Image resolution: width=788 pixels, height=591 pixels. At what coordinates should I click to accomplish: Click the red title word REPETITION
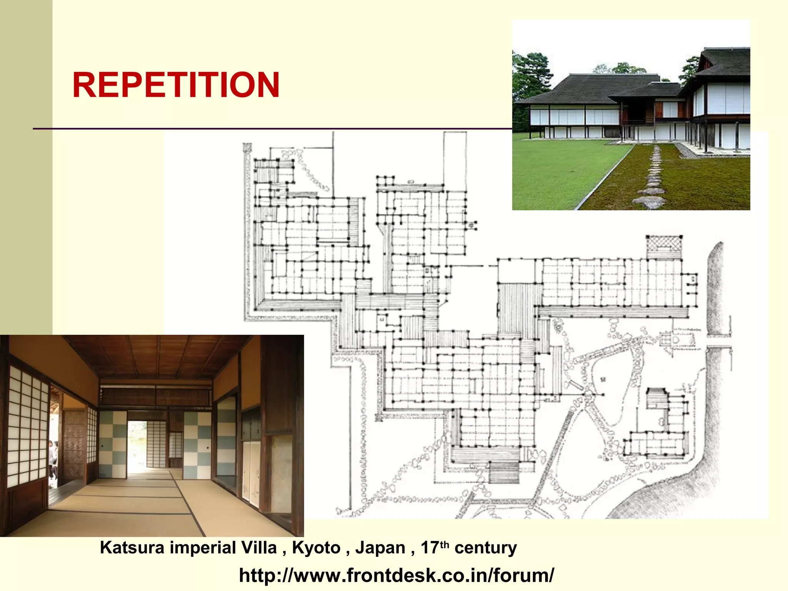176,85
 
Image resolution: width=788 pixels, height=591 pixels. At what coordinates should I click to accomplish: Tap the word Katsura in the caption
132,548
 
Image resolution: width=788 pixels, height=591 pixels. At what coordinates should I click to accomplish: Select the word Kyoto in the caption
316,548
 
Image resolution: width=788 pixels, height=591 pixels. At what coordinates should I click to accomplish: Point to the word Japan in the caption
381,548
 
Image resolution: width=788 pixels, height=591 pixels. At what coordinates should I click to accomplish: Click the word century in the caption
486,548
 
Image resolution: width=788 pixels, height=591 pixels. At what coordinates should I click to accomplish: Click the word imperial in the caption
203,548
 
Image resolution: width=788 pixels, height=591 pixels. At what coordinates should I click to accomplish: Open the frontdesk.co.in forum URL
396,575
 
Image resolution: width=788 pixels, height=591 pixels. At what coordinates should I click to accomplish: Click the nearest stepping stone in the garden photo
651,202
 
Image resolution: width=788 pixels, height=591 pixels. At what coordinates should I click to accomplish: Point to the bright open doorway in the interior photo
137,446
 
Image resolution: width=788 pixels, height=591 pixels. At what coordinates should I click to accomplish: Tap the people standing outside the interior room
53,460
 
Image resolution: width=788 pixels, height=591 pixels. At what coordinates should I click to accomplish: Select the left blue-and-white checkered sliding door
113,444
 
